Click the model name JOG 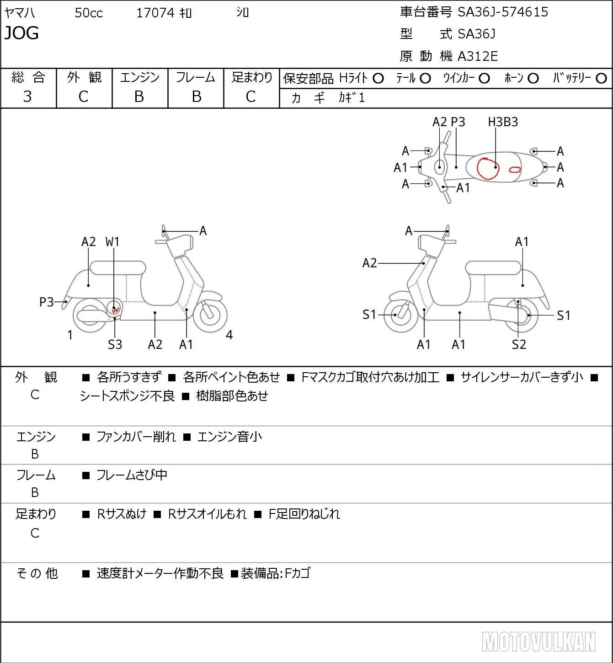(21, 33)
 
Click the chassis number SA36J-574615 (503, 12)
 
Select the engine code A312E (478, 56)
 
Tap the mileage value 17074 (155, 13)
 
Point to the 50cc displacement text (89, 13)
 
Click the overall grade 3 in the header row (27, 96)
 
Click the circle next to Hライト (378, 79)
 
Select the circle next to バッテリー (601, 79)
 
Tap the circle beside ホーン (533, 79)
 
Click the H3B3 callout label (503, 122)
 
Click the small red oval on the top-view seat (515, 170)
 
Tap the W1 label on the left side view (112, 242)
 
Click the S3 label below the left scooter (115, 344)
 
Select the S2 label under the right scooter (519, 344)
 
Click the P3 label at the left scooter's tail (47, 302)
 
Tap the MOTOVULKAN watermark (538, 642)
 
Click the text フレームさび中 (132, 475)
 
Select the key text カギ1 (351, 98)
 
